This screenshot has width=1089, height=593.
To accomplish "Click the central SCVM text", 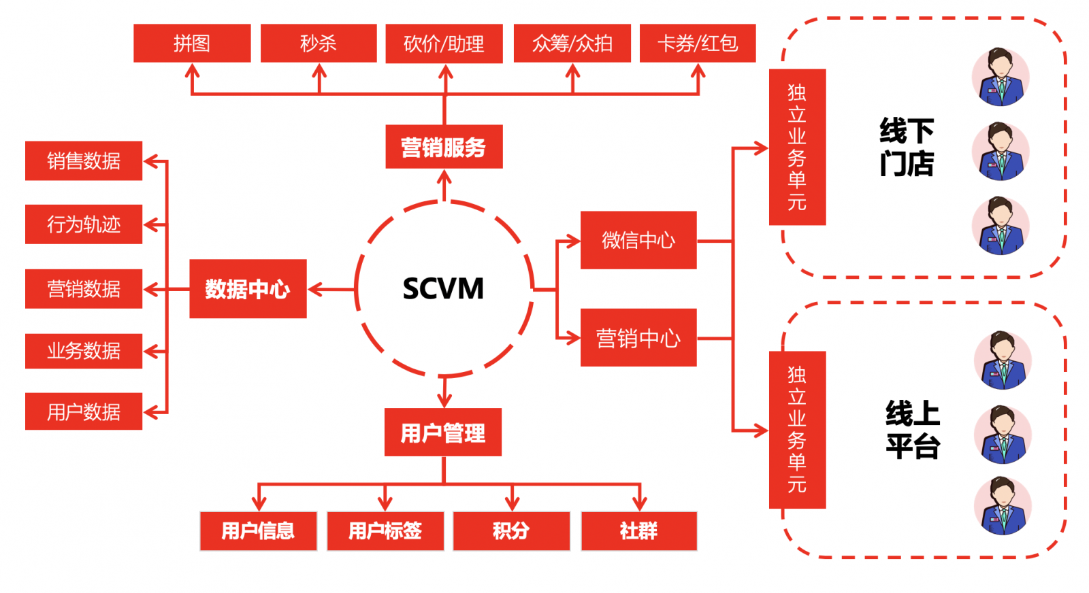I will (x=443, y=288).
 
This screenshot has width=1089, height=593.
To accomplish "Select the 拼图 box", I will (x=192, y=44).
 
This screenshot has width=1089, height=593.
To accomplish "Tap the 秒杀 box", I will (x=319, y=44).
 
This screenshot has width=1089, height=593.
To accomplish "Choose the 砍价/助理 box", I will (x=444, y=44).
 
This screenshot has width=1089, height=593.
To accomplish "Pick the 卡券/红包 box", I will (x=698, y=44).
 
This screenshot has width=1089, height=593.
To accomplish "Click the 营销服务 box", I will (x=444, y=147).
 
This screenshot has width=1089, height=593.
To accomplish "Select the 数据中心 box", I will (x=248, y=289).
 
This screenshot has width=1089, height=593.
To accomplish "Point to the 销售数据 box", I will (x=84, y=161).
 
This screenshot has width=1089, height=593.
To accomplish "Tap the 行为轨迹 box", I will (x=84, y=224).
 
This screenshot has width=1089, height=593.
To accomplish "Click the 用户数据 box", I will (x=84, y=411).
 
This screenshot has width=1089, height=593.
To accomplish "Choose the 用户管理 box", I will (x=443, y=433).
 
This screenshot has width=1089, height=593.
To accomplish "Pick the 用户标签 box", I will (x=385, y=531).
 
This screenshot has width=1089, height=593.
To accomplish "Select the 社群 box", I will (x=639, y=531).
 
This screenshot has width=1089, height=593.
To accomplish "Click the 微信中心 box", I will (x=638, y=240).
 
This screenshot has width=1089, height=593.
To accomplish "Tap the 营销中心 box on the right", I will (x=638, y=338).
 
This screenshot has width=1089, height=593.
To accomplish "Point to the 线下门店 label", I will (x=907, y=147).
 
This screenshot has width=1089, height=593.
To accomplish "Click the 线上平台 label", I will (x=913, y=430).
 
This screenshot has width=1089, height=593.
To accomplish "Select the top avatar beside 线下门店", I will (x=1001, y=77).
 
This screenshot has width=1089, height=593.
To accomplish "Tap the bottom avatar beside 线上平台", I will (x=1003, y=506).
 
